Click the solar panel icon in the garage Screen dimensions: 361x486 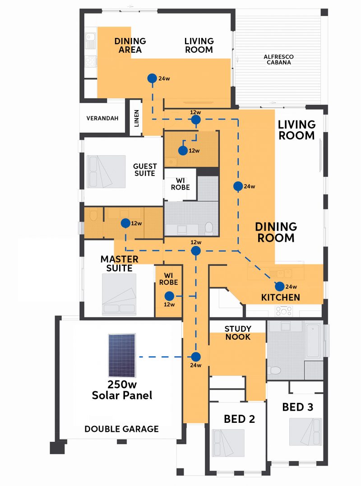pyautogui.click(x=122, y=355)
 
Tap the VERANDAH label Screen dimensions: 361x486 pyautogui.click(x=102, y=118)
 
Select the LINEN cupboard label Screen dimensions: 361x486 pyautogui.click(x=136, y=118)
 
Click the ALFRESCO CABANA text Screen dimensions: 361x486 pyautogui.click(x=278, y=60)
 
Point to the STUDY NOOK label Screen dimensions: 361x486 pyautogui.click(x=238, y=333)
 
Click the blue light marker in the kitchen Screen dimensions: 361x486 pyautogui.click(x=279, y=287)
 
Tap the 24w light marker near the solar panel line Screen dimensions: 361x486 pyautogui.click(x=195, y=357)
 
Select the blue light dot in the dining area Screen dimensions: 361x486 pyautogui.click(x=152, y=79)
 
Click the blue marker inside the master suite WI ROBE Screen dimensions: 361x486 pyautogui.click(x=169, y=296)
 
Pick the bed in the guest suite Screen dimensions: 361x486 pyautogui.click(x=106, y=172)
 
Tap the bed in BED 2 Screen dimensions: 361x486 pyautogui.click(x=228, y=443)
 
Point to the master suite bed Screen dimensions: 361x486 pyautogui.click(x=119, y=294)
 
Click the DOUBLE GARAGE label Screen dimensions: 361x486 pyautogui.click(x=121, y=429)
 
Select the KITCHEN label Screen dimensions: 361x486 pyautogui.click(x=280, y=297)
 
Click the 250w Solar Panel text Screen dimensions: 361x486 pyautogui.click(x=122, y=390)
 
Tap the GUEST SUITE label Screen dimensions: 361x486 pyautogui.click(x=145, y=170)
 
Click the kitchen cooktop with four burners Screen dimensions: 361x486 pyautogui.click(x=284, y=310)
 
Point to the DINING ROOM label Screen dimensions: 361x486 pyautogui.click(x=276, y=232)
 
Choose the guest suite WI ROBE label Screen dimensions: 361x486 pyautogui.click(x=180, y=184)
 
